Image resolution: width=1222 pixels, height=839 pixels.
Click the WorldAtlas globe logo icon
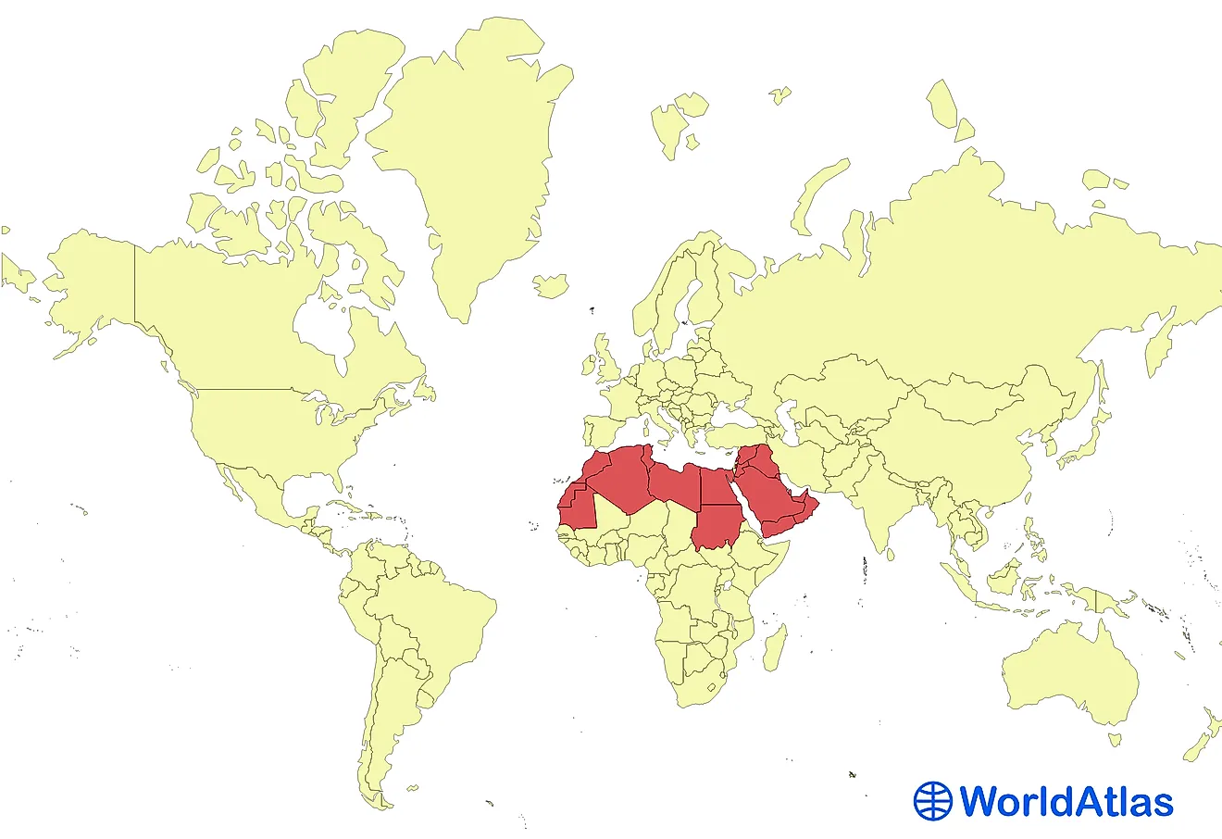pos(932,801)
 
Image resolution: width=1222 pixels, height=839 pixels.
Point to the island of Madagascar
pos(776,647)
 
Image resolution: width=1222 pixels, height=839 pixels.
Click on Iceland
pos(552,285)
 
